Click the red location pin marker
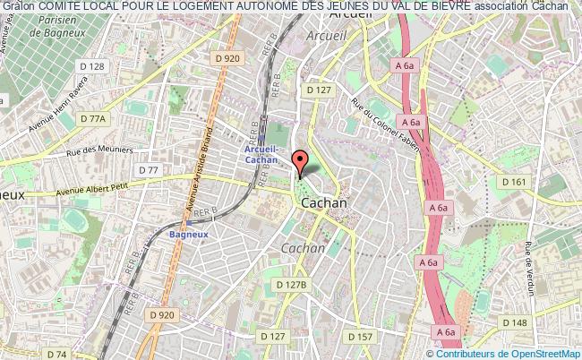click(301, 161)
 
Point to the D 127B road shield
click(291, 284)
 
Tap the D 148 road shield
click(514, 321)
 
